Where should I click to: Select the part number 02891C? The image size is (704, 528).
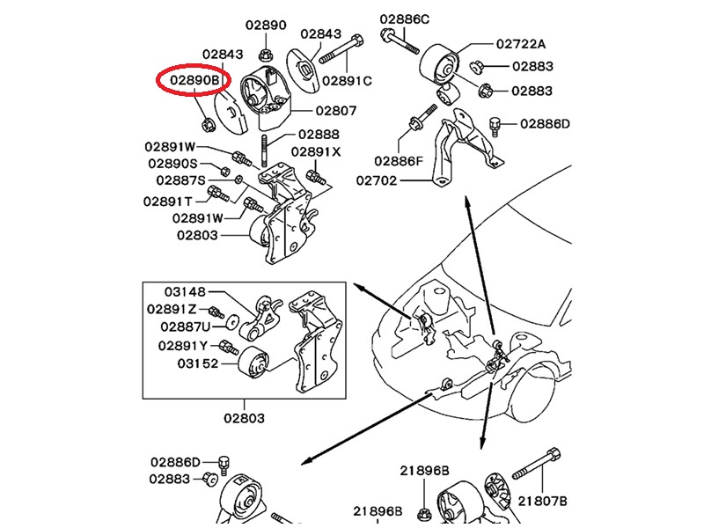click(347, 80)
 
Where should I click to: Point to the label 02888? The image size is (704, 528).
click(318, 135)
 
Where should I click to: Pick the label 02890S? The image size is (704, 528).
click(172, 165)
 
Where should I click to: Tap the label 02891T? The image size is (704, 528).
click(168, 201)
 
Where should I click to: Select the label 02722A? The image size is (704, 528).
click(521, 43)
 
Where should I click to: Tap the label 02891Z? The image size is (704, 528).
click(172, 309)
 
